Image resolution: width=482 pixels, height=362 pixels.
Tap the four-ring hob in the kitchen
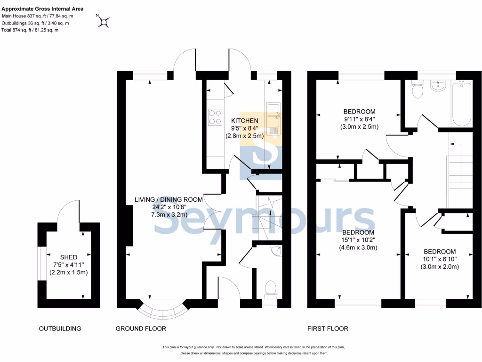pos(215,117)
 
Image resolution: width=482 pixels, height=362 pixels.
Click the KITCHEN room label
pos(244,121)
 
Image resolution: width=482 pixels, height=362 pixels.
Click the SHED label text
pos(68,257)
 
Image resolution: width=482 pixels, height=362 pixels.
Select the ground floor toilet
pos(271,288)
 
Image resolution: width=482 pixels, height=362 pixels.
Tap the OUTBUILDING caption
pos(60,329)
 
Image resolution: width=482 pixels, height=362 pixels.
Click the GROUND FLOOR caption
pos(141,329)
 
